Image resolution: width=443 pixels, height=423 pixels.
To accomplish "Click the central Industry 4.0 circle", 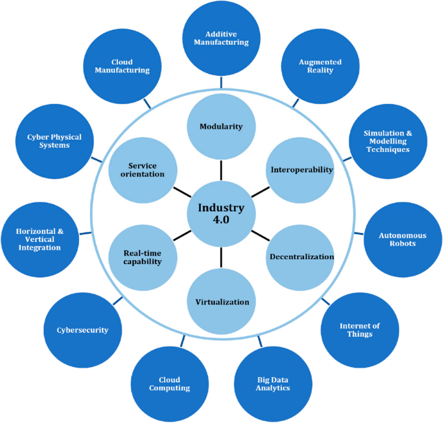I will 221,214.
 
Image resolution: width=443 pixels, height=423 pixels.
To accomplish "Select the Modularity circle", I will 221,126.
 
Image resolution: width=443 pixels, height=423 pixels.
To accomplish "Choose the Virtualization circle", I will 222,301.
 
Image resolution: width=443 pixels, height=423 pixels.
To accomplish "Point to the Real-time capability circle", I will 142,257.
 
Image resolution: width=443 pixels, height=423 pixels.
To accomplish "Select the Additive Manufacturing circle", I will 221,38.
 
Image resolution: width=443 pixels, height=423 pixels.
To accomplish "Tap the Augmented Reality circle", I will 320,66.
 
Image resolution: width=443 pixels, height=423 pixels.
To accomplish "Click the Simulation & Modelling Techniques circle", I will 388,141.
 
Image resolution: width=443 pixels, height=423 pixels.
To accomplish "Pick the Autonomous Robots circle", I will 402,239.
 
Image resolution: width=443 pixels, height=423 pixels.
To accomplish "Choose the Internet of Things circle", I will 360,330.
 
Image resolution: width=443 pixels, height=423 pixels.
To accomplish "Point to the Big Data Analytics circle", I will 273,384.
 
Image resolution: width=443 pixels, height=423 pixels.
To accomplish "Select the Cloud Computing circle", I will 169,384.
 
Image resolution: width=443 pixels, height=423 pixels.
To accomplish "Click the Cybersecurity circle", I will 82,330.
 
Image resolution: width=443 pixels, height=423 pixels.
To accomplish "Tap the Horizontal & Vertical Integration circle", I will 40,239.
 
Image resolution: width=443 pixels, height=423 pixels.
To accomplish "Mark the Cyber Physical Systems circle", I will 54,141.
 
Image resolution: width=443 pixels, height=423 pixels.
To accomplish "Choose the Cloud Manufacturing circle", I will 122,66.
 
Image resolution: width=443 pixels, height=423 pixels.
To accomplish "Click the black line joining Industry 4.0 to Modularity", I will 221,170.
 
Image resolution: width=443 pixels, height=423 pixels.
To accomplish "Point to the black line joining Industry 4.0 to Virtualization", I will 221,257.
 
